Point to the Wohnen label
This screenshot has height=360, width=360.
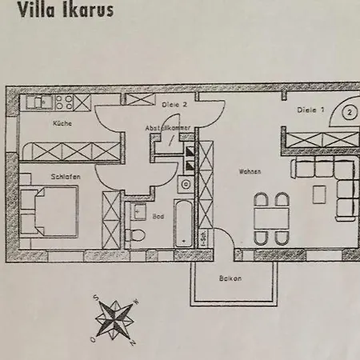click(x=250, y=171)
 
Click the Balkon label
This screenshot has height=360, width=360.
click(x=230, y=278)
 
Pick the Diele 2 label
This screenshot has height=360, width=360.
click(x=174, y=105)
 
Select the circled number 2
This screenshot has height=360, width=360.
click(x=350, y=112)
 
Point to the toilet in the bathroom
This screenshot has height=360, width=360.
click(x=138, y=234)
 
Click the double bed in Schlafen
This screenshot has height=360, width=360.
click(x=50, y=210)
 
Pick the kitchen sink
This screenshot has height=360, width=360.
click(x=38, y=102)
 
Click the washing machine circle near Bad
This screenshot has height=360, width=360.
click(x=186, y=183)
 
